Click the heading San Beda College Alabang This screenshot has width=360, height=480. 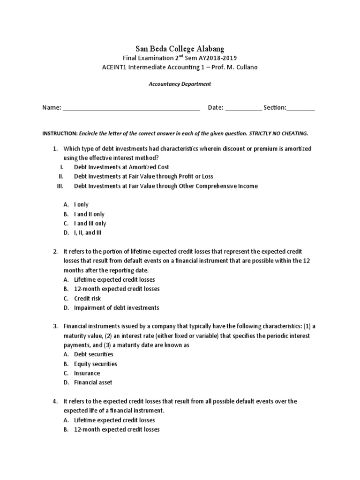coord(180,48)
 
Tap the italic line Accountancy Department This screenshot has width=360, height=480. coord(180,84)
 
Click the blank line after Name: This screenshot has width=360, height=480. coord(131,108)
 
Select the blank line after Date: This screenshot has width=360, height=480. coord(243,108)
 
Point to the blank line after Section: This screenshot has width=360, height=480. coord(300,108)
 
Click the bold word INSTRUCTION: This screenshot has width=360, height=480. coord(60,134)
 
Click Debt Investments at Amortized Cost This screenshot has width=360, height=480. coord(121,167)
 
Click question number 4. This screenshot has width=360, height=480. coord(55,402)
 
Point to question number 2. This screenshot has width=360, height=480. coord(55,252)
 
